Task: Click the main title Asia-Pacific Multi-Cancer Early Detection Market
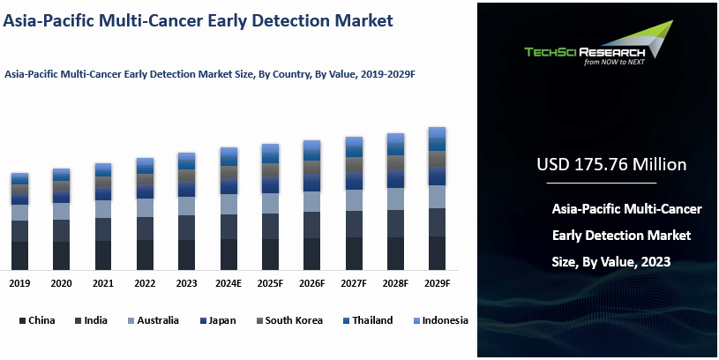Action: click(x=198, y=20)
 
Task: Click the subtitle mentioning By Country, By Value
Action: click(x=210, y=75)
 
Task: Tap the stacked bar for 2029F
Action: click(x=437, y=199)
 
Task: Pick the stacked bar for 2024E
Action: click(x=228, y=208)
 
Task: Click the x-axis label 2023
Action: click(x=186, y=283)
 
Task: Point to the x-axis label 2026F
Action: click(x=311, y=283)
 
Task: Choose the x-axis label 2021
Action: click(x=103, y=283)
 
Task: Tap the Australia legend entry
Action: click(x=152, y=320)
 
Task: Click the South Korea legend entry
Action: click(x=287, y=320)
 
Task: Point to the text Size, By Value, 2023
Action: click(x=611, y=261)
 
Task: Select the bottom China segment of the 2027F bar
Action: click(x=354, y=253)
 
